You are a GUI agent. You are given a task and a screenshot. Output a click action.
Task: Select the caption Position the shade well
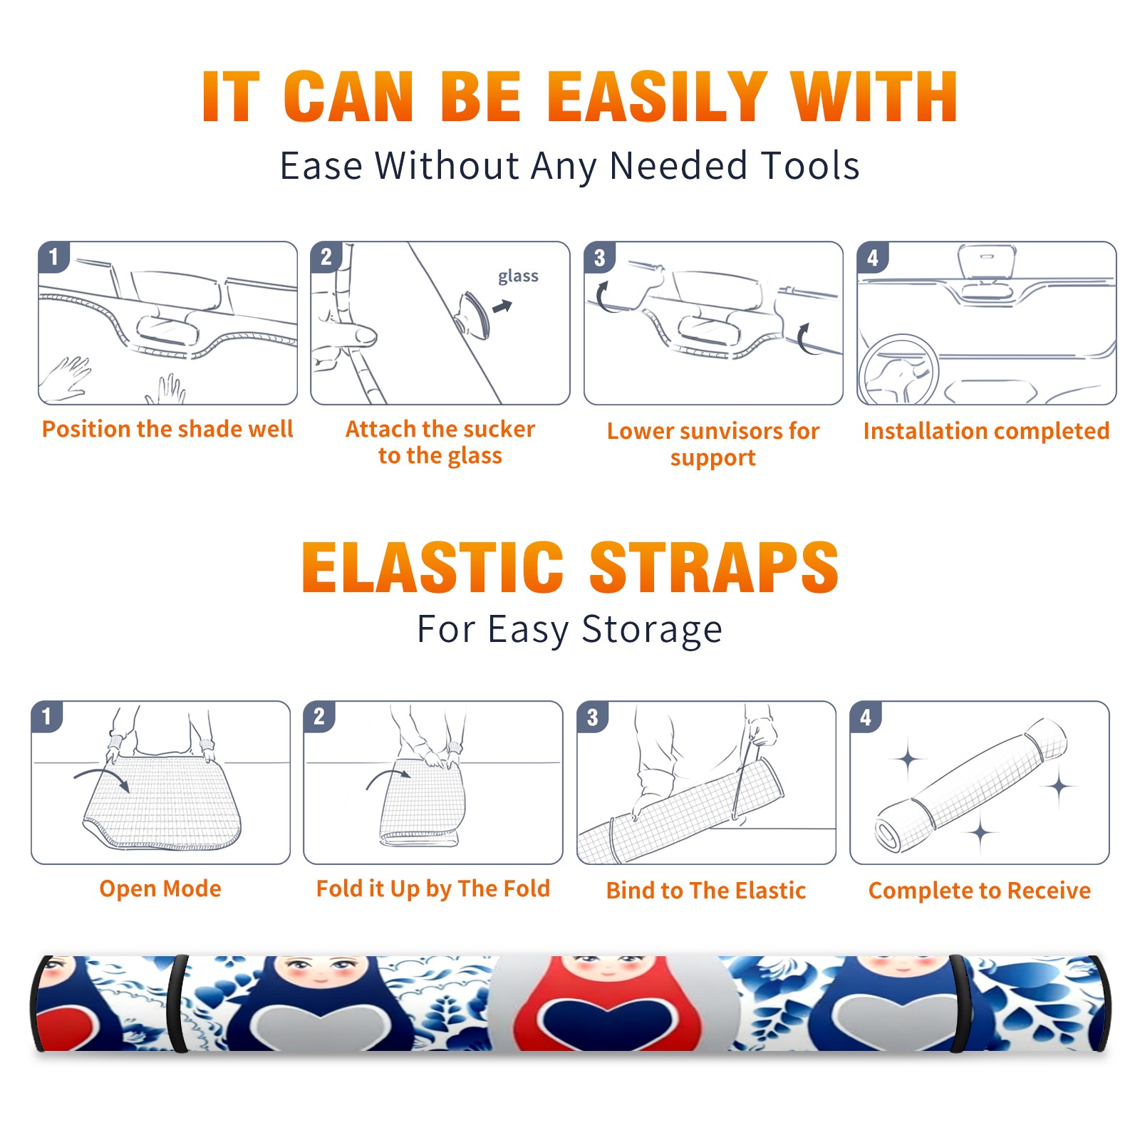167,429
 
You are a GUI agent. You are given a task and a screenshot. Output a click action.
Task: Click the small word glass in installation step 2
518,276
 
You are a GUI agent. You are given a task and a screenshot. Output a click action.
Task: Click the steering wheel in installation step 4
898,370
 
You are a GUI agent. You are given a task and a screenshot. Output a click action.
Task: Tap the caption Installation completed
986,431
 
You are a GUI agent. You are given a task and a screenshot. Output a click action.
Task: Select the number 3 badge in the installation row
599,257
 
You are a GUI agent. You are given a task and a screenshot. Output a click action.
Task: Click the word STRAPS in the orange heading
714,567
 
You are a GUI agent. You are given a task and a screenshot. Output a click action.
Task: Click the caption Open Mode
160,888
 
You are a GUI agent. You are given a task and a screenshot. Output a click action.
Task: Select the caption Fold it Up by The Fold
433,888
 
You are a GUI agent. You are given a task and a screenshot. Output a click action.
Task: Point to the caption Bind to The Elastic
706,891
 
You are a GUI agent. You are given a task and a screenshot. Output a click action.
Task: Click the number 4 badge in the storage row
866,717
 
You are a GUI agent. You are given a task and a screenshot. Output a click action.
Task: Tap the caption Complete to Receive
980,891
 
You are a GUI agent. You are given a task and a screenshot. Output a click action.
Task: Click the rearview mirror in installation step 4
987,262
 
